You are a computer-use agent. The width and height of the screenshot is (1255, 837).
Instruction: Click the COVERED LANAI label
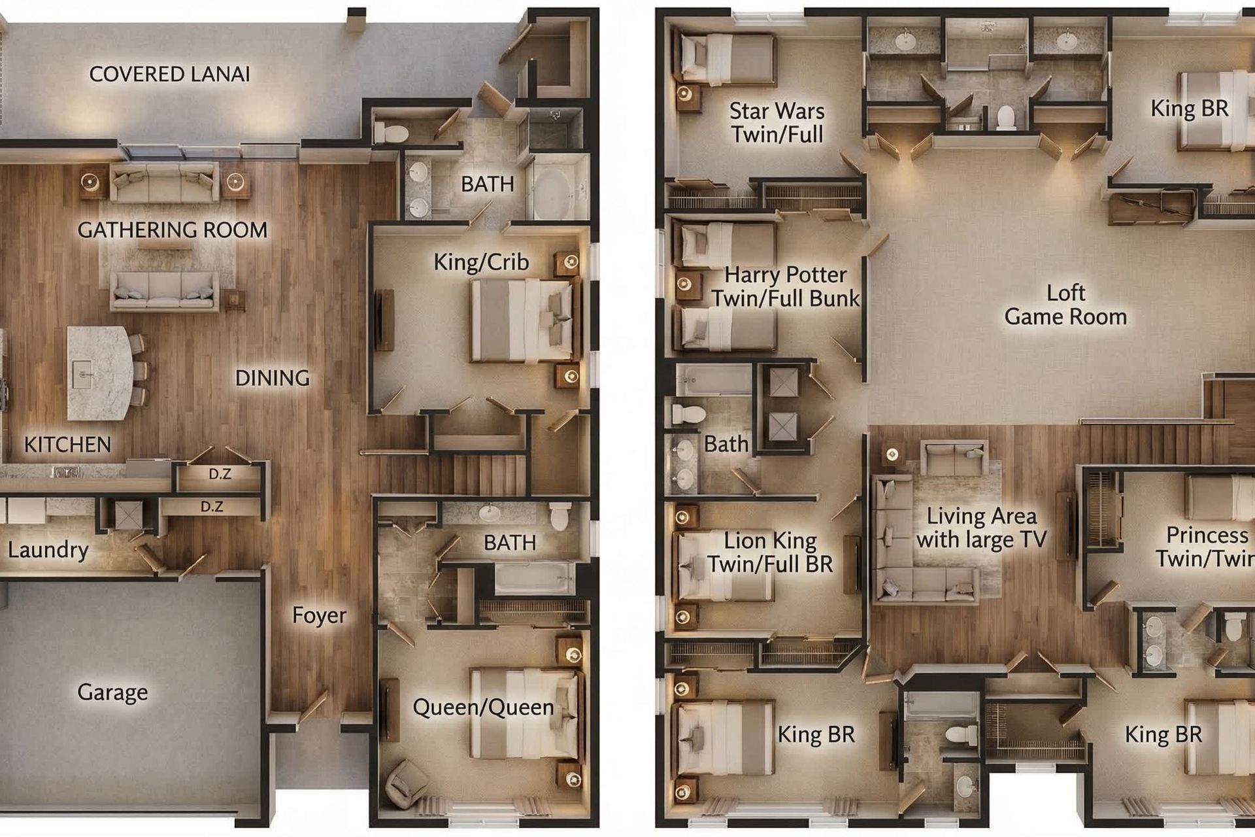click(x=169, y=75)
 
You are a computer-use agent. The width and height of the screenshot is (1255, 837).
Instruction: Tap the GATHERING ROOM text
click(x=173, y=230)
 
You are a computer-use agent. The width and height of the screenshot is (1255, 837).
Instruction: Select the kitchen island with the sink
click(x=98, y=373)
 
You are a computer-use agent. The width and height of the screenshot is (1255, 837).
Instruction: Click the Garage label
click(x=112, y=692)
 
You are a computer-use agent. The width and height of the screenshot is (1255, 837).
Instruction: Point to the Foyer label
click(x=319, y=615)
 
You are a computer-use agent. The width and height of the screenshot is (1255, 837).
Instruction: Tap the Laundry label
click(x=48, y=550)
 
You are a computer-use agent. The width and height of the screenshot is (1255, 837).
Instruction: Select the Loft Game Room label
click(x=1065, y=305)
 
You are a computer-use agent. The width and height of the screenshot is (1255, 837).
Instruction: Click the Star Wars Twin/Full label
click(x=777, y=122)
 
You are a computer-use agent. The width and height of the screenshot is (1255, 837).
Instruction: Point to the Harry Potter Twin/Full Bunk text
click(x=785, y=286)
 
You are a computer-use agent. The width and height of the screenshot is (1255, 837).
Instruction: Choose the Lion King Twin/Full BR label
click(x=770, y=553)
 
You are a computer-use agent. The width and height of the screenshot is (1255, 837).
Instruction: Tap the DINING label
click(x=272, y=378)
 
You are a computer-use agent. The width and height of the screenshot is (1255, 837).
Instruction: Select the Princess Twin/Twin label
click(x=1206, y=547)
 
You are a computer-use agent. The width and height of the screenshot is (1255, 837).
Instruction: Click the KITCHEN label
click(x=67, y=445)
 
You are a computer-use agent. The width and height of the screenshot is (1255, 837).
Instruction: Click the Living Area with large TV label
click(x=981, y=528)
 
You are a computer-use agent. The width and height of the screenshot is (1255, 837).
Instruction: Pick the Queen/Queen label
click(x=483, y=707)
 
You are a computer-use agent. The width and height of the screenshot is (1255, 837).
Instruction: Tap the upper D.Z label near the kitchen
click(x=220, y=474)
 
